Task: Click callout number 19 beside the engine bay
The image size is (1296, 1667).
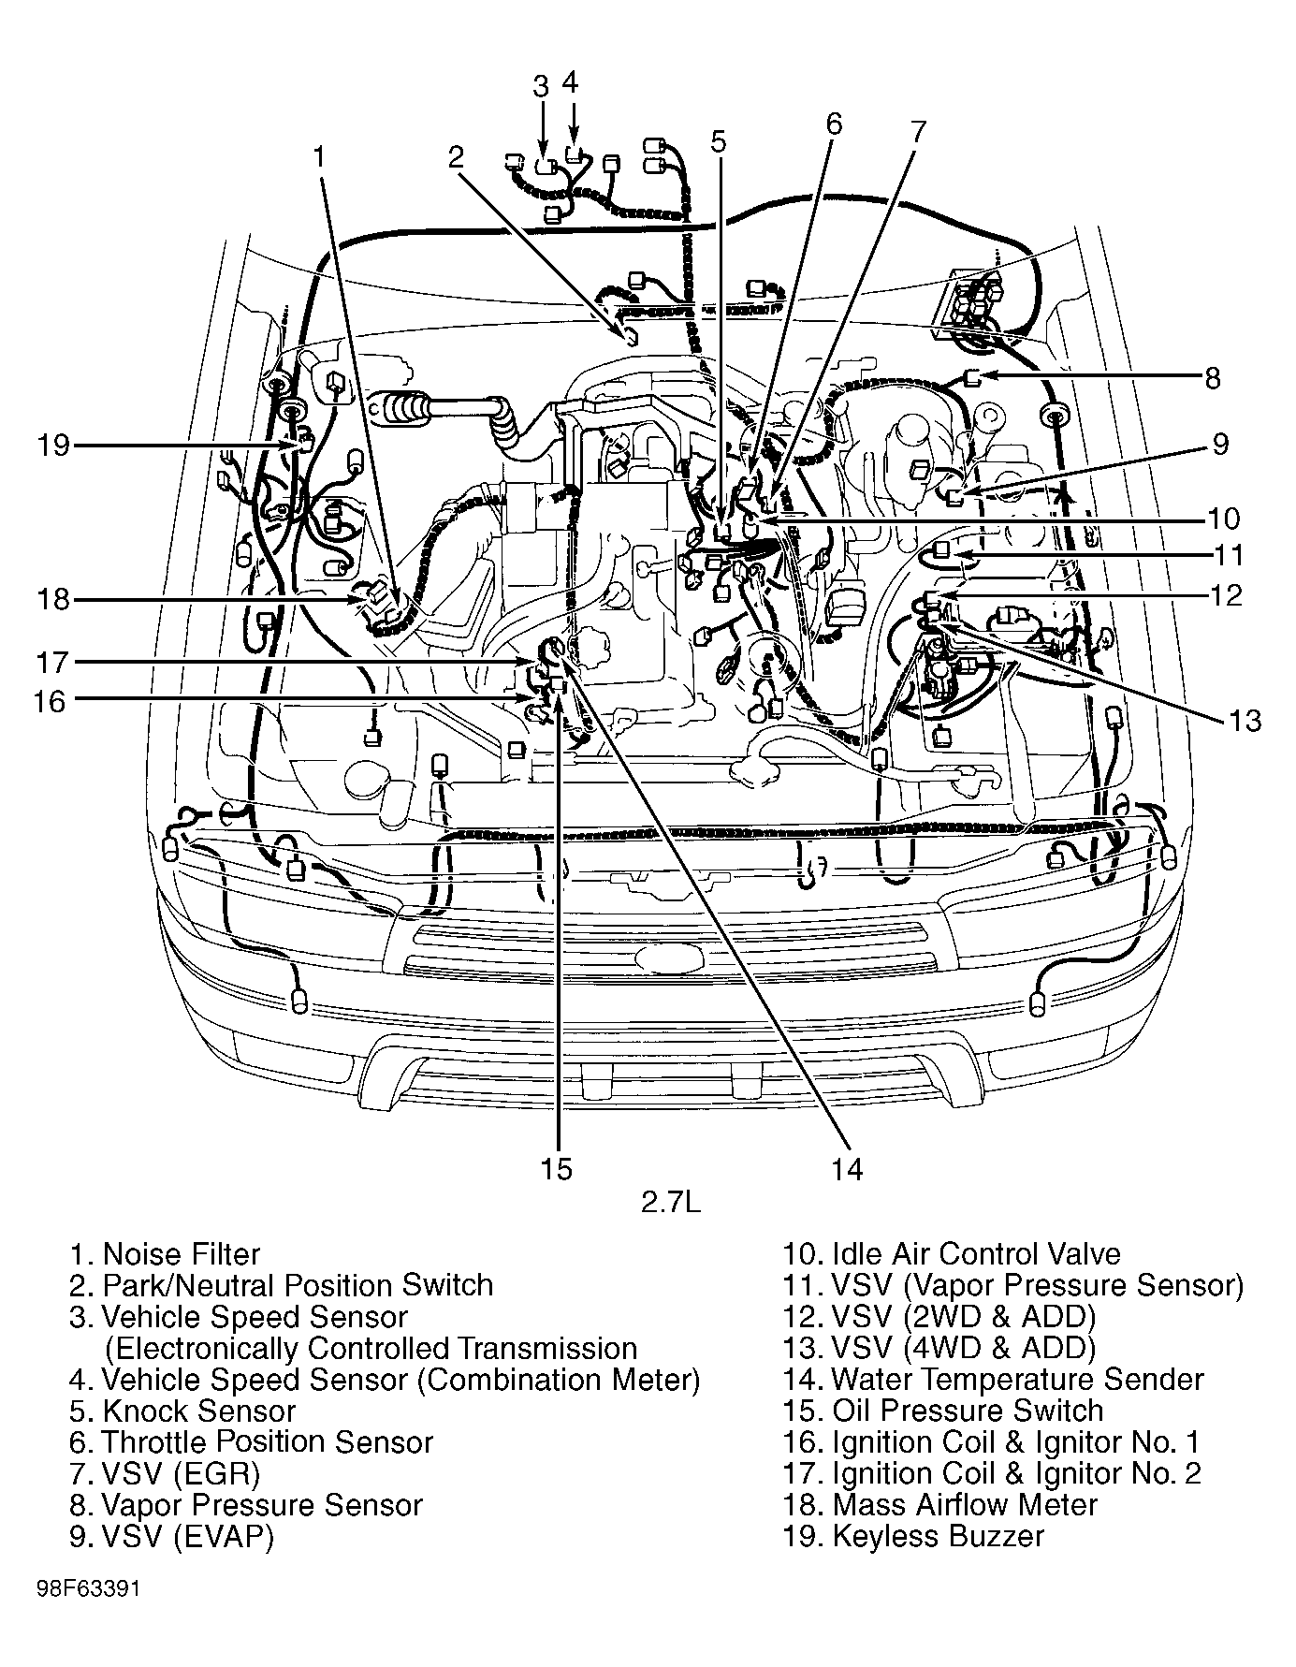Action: (54, 445)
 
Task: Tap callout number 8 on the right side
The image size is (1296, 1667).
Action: (1212, 378)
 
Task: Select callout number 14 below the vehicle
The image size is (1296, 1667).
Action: (847, 1168)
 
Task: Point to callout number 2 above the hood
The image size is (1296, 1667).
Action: (456, 156)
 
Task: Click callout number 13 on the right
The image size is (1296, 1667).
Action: (1245, 720)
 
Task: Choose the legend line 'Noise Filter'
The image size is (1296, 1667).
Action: (166, 1253)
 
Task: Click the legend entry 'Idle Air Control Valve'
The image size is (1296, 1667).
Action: (952, 1253)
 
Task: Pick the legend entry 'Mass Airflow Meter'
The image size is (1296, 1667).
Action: (941, 1504)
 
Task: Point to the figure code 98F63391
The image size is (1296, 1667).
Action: (90, 1590)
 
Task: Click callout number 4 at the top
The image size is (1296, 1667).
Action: (571, 81)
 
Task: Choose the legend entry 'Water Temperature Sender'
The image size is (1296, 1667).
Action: (994, 1379)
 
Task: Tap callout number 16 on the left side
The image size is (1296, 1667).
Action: (50, 700)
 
